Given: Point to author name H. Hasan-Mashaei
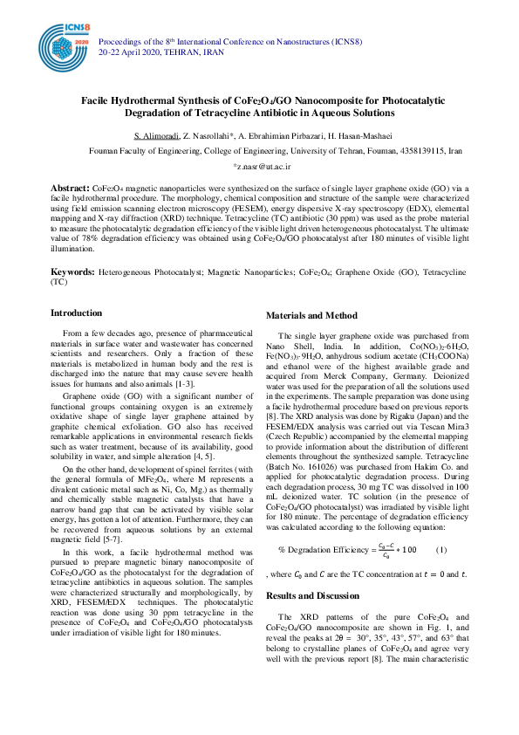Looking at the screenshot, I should [x=349, y=135].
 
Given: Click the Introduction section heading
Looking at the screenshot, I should [x=76, y=313].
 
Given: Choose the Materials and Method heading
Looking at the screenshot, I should [x=311, y=316].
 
